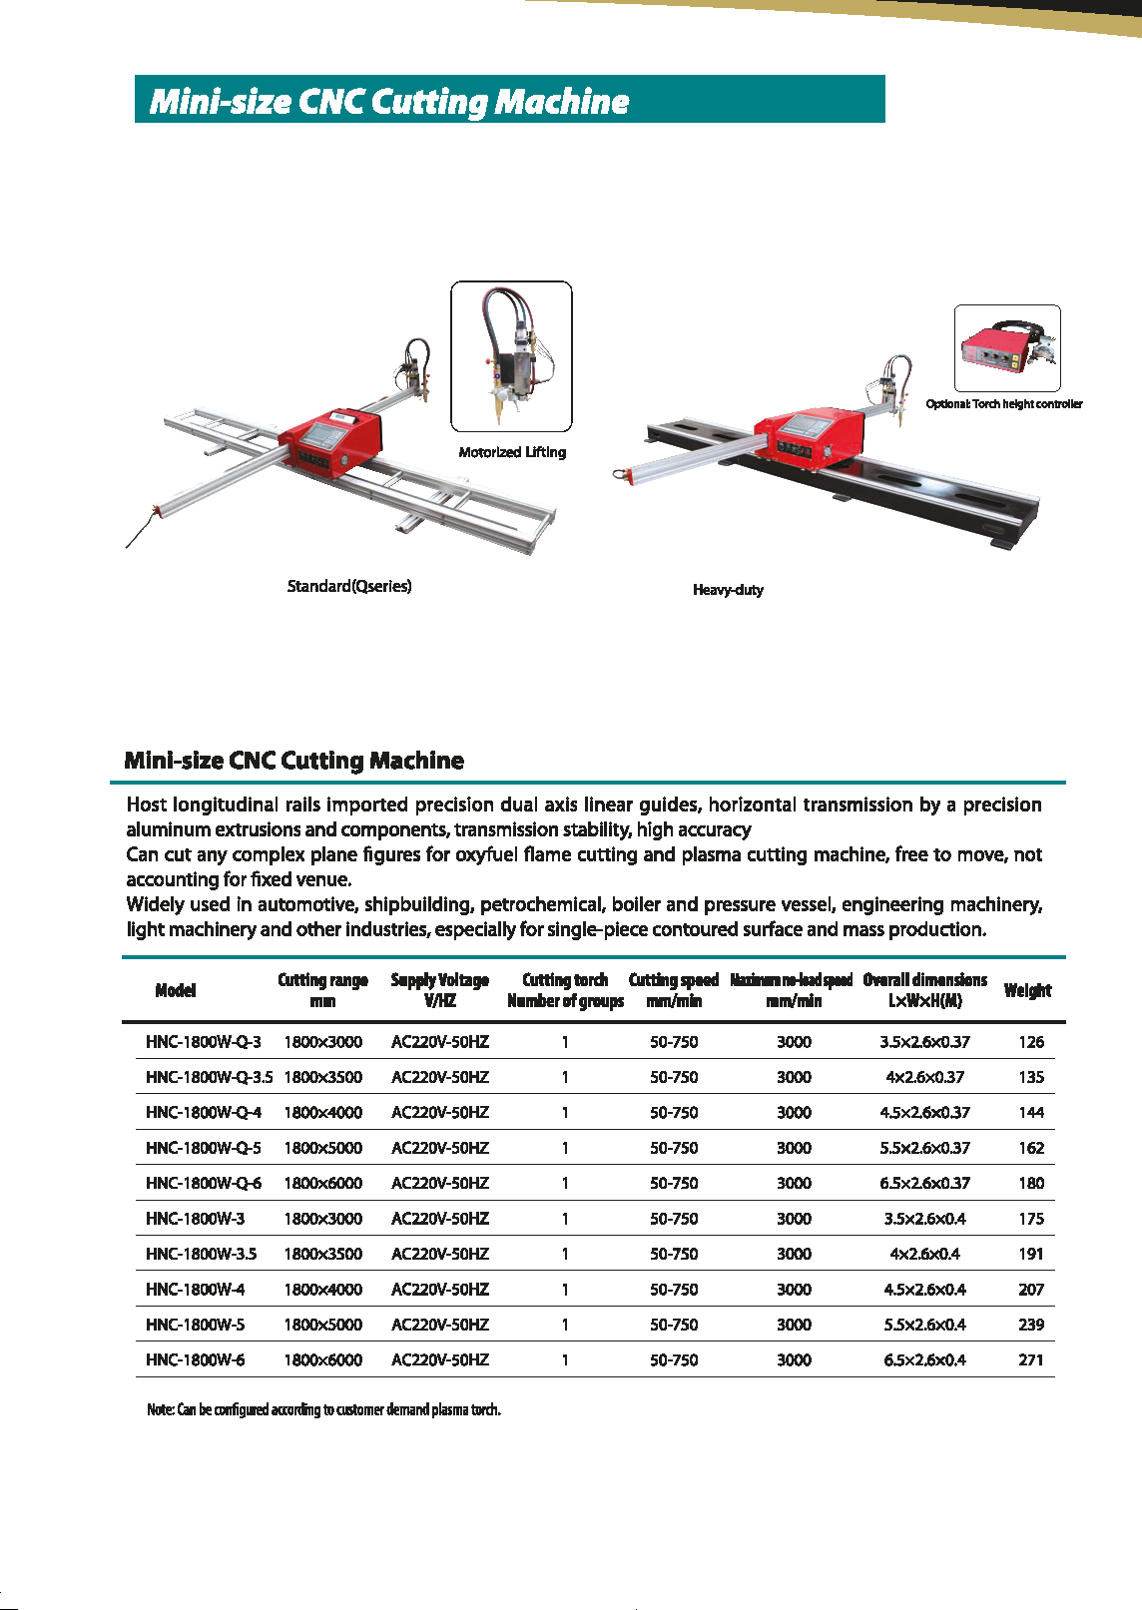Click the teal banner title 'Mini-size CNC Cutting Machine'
click(389, 101)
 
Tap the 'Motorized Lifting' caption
click(512, 452)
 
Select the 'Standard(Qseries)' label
click(349, 586)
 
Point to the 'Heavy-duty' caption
click(728, 590)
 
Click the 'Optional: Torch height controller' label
click(1003, 404)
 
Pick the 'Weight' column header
click(1027, 990)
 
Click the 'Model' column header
click(176, 990)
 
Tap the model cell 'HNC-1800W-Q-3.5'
click(209, 1077)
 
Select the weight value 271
click(1031, 1359)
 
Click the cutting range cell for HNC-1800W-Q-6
click(322, 1183)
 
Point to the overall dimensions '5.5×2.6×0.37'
click(924, 1148)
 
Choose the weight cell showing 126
click(1031, 1042)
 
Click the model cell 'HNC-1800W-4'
click(195, 1289)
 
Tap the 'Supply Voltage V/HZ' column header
click(439, 990)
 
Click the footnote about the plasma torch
click(323, 1409)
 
